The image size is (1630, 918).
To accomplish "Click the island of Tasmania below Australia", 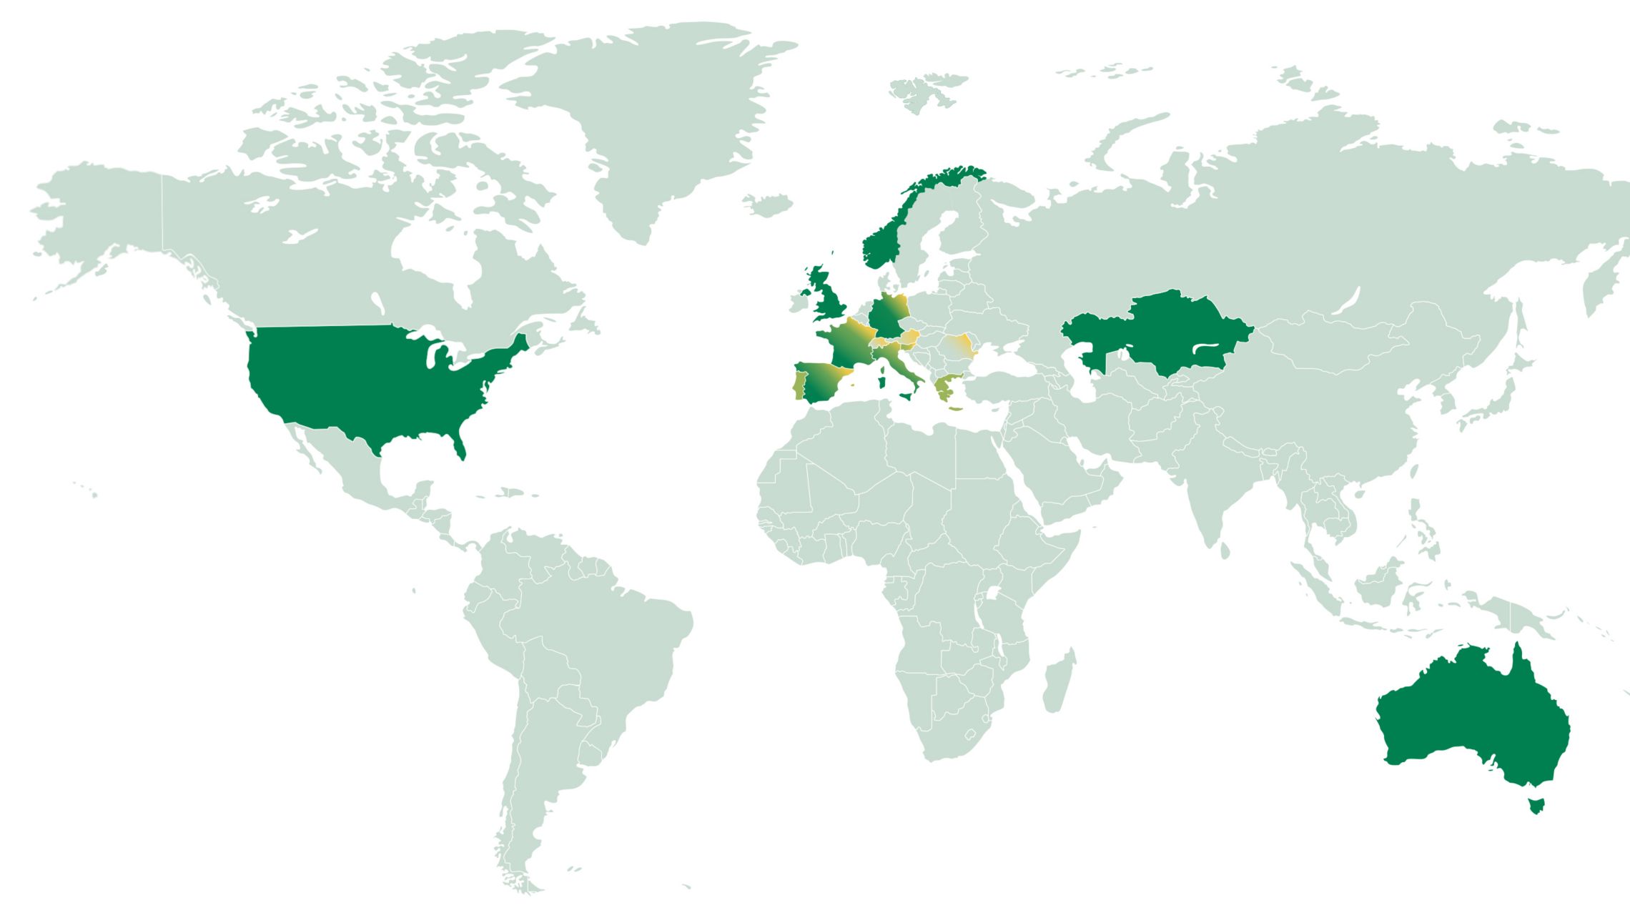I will point(1536,804).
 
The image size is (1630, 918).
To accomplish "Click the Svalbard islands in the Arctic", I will point(926,89).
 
